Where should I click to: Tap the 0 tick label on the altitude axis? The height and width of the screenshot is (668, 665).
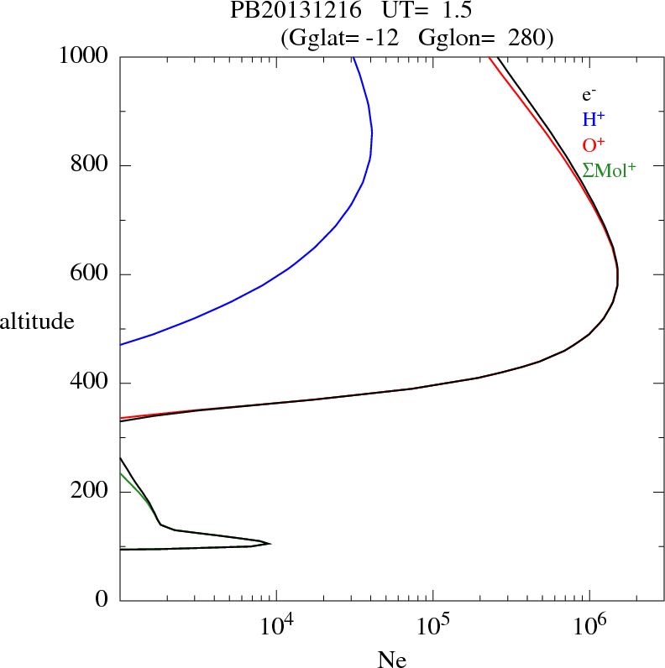coord(102,601)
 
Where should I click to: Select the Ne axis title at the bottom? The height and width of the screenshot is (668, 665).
coord(392,660)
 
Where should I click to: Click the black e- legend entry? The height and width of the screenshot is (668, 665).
coord(589,96)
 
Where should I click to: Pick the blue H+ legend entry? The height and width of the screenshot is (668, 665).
coord(594,121)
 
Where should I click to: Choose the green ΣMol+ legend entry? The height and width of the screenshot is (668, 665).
coord(609,170)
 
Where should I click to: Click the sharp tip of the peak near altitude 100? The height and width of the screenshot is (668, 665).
coord(270,544)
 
